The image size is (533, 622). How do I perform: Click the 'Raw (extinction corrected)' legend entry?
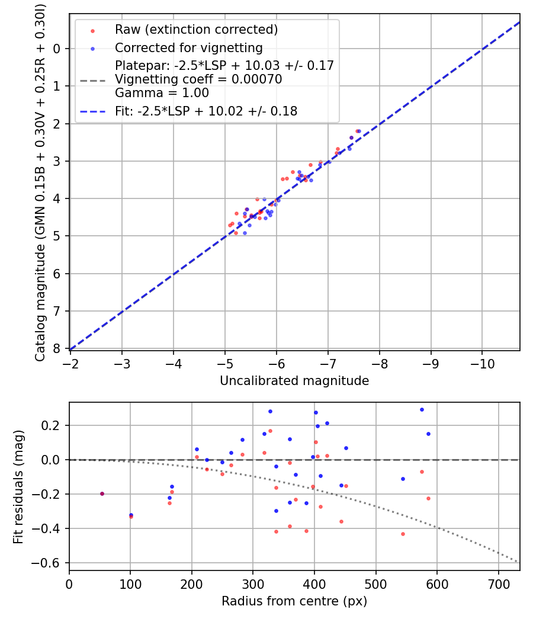(x=196, y=30)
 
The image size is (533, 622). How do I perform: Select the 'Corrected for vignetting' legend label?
(x=189, y=47)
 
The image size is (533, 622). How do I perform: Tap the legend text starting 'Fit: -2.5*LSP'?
(x=206, y=111)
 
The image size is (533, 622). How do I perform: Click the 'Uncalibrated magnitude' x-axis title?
(x=294, y=381)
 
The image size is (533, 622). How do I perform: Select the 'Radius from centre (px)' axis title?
(x=294, y=601)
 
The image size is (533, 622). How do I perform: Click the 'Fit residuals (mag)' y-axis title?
(x=19, y=486)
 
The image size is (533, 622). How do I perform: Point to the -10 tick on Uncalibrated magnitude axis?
(x=481, y=363)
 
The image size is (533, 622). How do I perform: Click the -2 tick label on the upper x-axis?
(x=70, y=363)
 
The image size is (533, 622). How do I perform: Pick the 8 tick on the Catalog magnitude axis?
(x=57, y=348)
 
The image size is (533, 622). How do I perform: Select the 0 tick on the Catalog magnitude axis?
(x=57, y=49)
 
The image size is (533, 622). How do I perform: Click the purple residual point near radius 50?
(x=102, y=493)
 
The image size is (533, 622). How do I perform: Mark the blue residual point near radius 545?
(x=403, y=479)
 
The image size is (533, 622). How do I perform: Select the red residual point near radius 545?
(x=403, y=534)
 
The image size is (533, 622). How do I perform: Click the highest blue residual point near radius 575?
(x=422, y=409)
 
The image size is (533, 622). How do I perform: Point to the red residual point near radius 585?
(x=428, y=498)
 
